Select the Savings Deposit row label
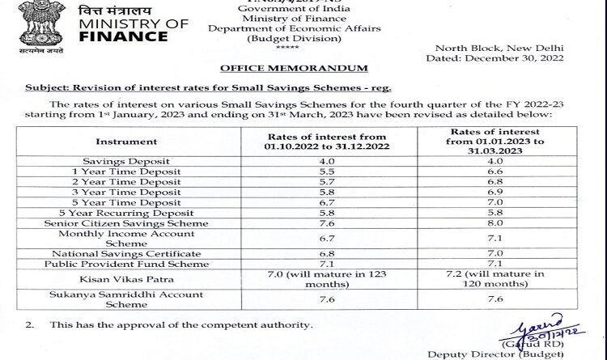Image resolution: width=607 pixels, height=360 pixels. [138, 160]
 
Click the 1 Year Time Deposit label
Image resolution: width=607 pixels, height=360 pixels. [138, 172]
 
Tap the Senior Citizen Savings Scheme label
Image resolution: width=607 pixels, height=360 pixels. [138, 223]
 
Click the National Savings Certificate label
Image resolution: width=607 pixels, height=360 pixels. [138, 254]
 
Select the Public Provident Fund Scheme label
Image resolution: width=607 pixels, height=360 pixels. [138, 265]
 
